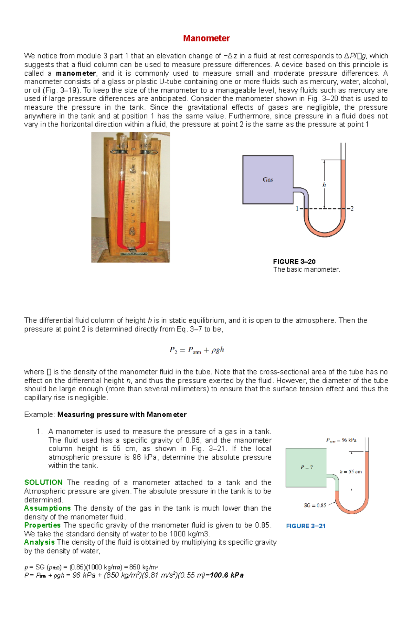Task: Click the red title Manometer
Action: coord(206,38)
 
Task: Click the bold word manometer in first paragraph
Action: coord(76,73)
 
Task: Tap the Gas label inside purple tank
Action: coord(268,179)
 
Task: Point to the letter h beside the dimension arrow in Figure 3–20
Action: coord(324,185)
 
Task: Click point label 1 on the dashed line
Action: coord(297,208)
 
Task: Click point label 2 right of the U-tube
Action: coord(352,208)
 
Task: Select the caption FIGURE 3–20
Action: coord(294,261)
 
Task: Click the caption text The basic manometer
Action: coord(306,270)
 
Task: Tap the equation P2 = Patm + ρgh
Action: coord(197,350)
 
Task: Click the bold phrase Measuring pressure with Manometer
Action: coord(122,414)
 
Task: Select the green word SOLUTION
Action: coord(43,482)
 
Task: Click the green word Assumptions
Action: coord(47,508)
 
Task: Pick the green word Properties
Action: coord(42,525)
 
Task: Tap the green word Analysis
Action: coord(39,542)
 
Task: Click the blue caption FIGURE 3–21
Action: coord(306,526)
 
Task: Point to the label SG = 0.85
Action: coord(315,505)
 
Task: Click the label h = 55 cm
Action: coord(351,472)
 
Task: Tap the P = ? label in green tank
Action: coord(307,467)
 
